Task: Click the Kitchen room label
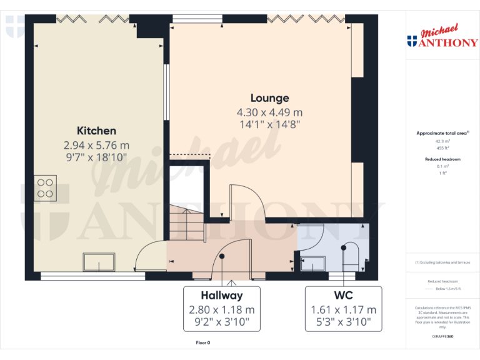96,131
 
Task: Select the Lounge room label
269,98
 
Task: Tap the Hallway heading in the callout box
221,296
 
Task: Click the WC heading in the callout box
343,296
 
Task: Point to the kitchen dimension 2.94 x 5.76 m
96,145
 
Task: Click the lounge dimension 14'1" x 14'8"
269,124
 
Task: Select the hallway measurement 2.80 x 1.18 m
221,309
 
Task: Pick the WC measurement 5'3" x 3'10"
343,322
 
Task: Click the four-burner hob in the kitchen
45,187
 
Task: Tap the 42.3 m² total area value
442,141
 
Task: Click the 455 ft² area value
442,148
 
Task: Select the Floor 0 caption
203,342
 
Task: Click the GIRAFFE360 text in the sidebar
442,337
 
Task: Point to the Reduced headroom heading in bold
442,159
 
